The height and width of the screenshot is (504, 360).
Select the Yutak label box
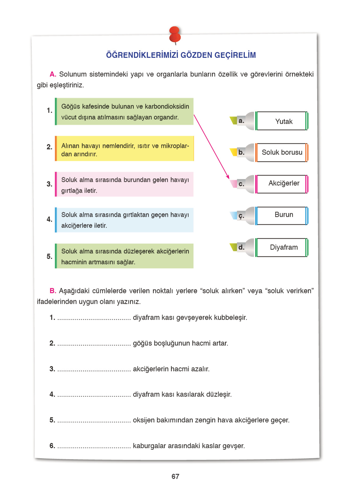click(x=282, y=121)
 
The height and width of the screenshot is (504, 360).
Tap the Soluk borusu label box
click(x=282, y=152)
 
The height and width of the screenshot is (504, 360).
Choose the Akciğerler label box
click(x=282, y=183)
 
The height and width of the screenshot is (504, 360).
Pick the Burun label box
click(x=282, y=215)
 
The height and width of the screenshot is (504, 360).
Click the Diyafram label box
click(x=282, y=247)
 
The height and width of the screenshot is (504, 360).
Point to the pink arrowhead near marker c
click(x=227, y=176)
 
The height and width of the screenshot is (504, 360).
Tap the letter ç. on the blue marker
click(x=241, y=216)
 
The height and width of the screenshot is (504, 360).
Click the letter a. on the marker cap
click(x=241, y=121)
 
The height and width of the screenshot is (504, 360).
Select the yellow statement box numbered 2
click(x=125, y=149)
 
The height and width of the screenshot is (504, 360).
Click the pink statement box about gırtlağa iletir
click(x=125, y=184)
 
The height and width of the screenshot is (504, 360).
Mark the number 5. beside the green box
click(x=50, y=256)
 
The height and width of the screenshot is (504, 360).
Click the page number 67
click(x=175, y=476)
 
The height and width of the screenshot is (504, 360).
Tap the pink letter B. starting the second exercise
click(x=53, y=291)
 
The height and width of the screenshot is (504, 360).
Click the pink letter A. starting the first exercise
click(x=53, y=74)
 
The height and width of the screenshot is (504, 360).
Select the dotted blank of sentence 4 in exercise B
click(x=94, y=395)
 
